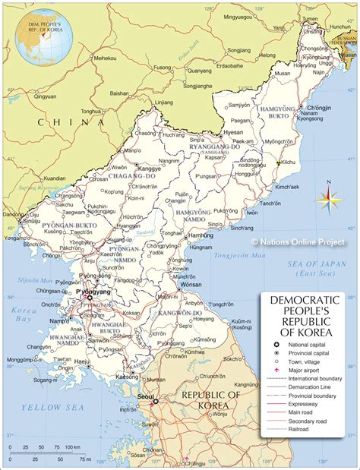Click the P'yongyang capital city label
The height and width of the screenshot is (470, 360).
click(x=93, y=292)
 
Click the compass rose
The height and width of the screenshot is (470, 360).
click(x=328, y=200)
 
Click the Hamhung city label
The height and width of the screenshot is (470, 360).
click(x=201, y=236)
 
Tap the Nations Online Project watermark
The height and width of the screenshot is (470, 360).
click(x=298, y=242)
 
